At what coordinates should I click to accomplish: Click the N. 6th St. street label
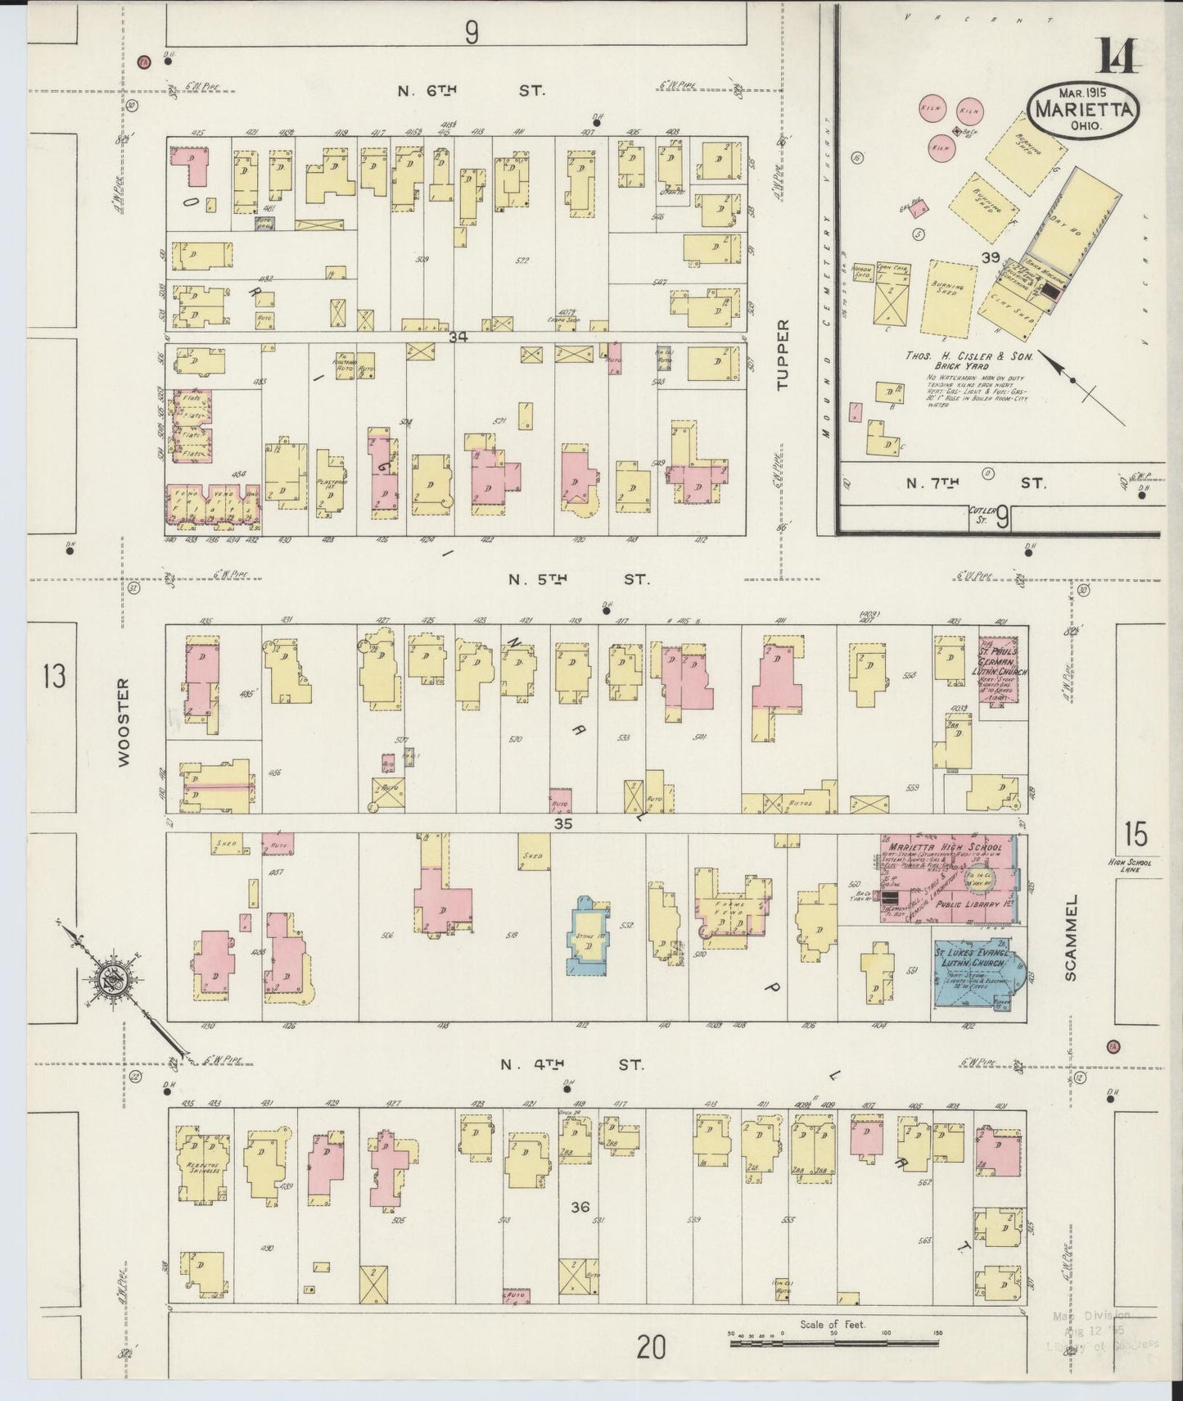[x=470, y=90]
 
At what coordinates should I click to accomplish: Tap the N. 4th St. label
[x=572, y=1065]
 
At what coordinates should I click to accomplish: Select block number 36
[x=580, y=1207]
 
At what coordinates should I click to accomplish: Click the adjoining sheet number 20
[x=651, y=1346]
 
